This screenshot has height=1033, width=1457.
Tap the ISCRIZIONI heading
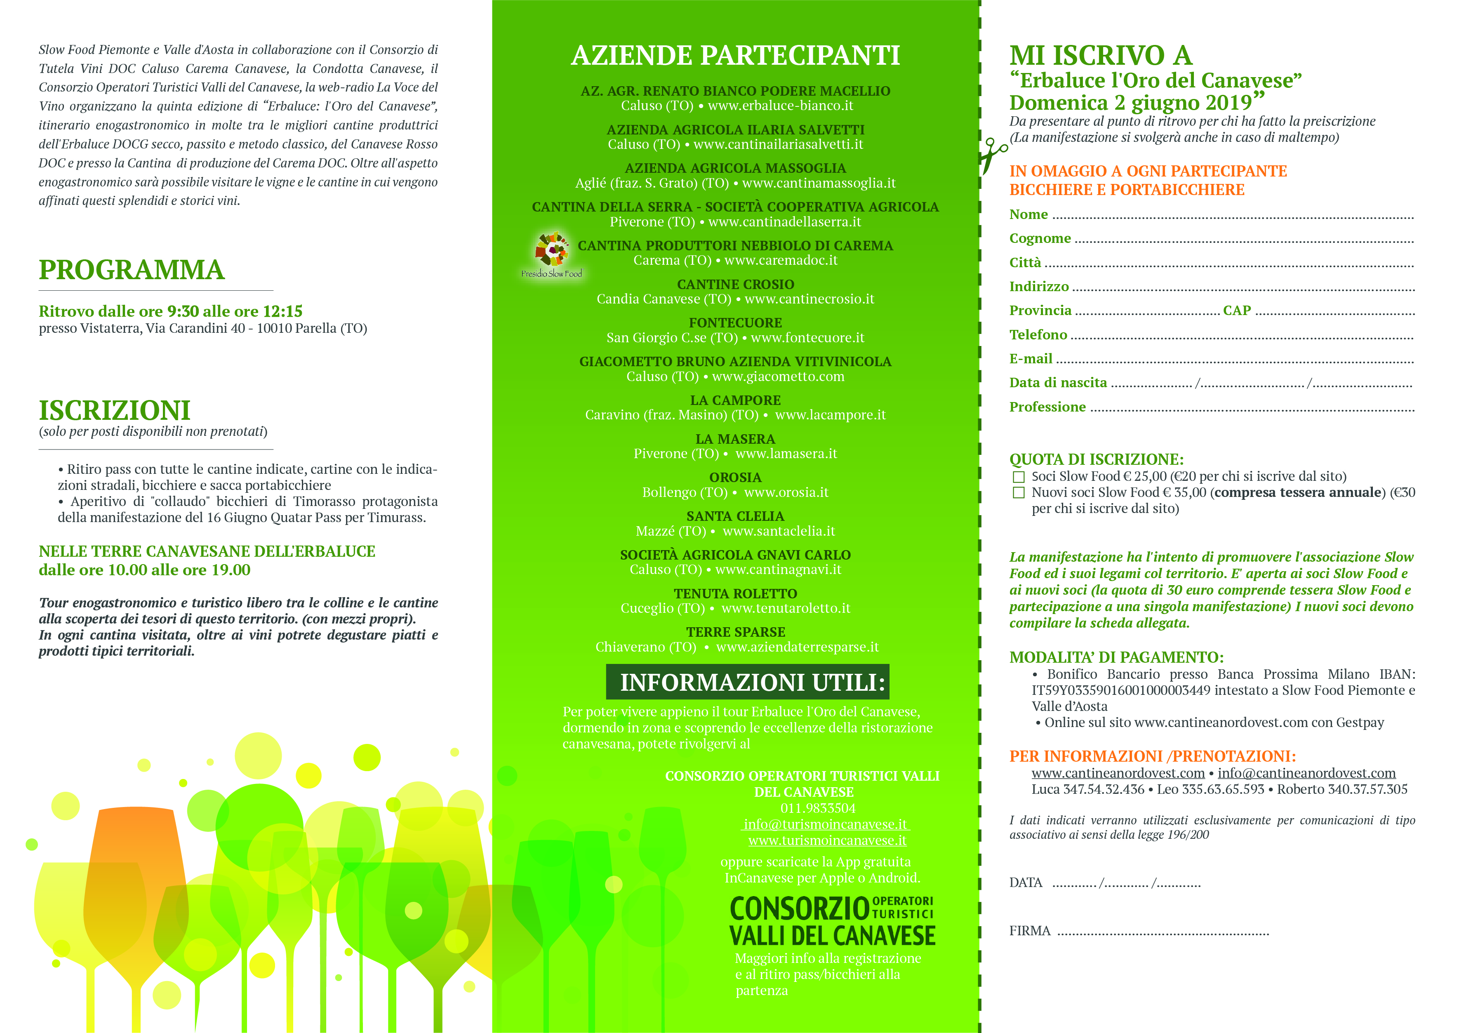(115, 410)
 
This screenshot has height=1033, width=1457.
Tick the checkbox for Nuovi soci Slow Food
(1018, 493)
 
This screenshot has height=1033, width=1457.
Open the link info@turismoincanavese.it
(825, 824)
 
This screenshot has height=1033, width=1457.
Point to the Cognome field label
(1040, 238)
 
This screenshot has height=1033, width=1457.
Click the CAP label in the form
(1236, 311)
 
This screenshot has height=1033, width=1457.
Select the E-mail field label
(1030, 359)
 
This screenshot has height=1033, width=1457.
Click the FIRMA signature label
(1029, 931)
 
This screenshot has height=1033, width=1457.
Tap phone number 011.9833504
(818, 809)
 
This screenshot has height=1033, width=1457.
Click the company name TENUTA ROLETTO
(735, 593)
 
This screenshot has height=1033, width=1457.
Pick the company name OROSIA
(735, 478)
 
